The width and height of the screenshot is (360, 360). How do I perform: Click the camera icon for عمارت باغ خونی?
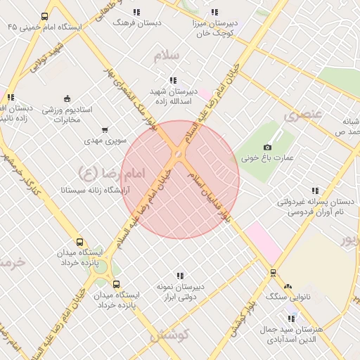[267, 147]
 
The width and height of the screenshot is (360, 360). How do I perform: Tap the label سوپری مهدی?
[105, 141]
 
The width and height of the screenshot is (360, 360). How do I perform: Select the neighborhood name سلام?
[170, 56]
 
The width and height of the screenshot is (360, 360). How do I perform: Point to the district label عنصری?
[304, 114]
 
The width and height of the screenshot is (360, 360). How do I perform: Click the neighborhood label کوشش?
[167, 335]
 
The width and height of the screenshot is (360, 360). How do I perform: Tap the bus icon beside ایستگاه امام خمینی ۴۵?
[45, 16]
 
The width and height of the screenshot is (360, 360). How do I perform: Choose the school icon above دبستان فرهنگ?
[136, 12]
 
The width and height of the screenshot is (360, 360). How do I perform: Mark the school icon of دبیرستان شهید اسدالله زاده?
[173, 80]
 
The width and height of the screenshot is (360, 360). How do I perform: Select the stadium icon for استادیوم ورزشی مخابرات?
[67, 98]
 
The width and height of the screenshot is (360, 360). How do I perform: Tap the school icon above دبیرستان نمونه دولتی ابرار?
[180, 276]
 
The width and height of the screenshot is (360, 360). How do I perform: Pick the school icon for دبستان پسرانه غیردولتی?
[314, 191]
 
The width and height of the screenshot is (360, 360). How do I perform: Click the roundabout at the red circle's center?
[179, 154]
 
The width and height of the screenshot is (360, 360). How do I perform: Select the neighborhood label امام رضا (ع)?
[101, 172]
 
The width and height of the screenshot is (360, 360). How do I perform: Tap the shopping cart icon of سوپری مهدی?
[105, 129]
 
